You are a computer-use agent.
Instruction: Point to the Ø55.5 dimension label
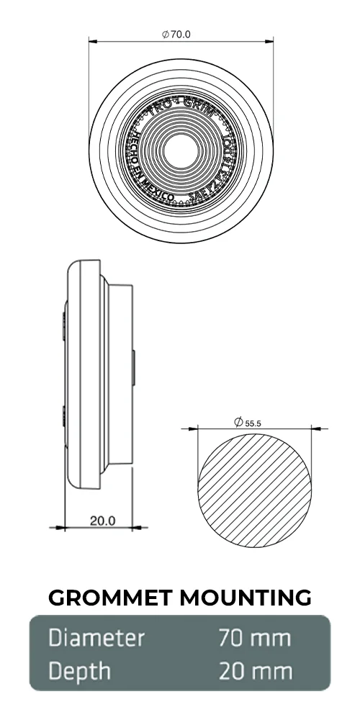(248, 423)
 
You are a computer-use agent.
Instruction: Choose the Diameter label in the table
(96, 638)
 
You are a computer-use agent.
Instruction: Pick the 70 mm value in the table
(255, 638)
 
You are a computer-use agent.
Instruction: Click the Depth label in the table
(80, 671)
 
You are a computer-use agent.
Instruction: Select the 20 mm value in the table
(255, 671)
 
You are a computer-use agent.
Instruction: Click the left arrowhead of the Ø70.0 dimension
(93, 42)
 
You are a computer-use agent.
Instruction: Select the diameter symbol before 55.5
(238, 423)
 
